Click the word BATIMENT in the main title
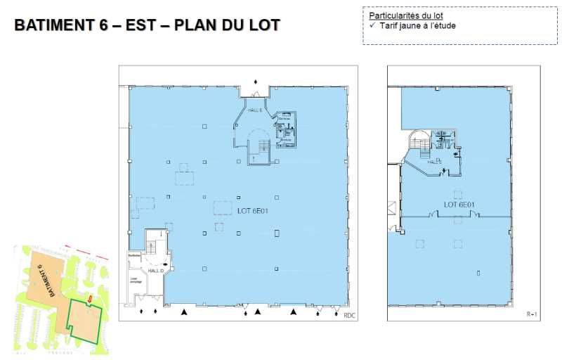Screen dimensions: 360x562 click(x=53, y=26)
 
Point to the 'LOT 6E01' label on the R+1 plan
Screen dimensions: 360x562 click(x=459, y=205)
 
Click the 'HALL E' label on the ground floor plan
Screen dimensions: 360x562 click(x=254, y=111)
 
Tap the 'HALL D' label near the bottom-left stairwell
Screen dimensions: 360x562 click(x=156, y=271)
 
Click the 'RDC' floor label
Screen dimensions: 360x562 click(x=350, y=316)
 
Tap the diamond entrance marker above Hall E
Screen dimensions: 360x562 click(x=256, y=82)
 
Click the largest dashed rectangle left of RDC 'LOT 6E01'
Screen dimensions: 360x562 click(x=223, y=207)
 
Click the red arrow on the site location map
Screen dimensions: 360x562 click(x=90, y=302)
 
